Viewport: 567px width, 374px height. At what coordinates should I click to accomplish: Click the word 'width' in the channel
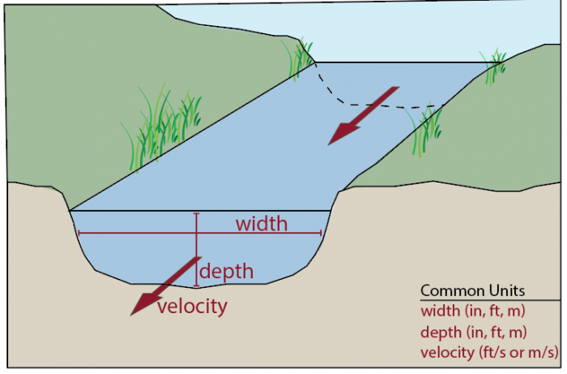(261, 223)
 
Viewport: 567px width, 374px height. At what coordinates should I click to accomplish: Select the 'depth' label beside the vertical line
(227, 272)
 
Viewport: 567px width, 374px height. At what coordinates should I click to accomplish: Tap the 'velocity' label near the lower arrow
(192, 307)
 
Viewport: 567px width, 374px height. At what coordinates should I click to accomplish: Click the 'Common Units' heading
(472, 290)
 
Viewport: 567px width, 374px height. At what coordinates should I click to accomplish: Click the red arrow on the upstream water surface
(363, 115)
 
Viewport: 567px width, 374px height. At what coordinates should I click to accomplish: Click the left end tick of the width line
(77, 234)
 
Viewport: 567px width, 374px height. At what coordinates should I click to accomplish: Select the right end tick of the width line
(322, 234)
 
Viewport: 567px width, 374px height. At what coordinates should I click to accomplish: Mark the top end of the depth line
(196, 213)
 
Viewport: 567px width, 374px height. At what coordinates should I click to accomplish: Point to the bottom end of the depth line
(196, 286)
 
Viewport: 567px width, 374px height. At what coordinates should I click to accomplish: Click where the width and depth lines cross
(196, 234)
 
